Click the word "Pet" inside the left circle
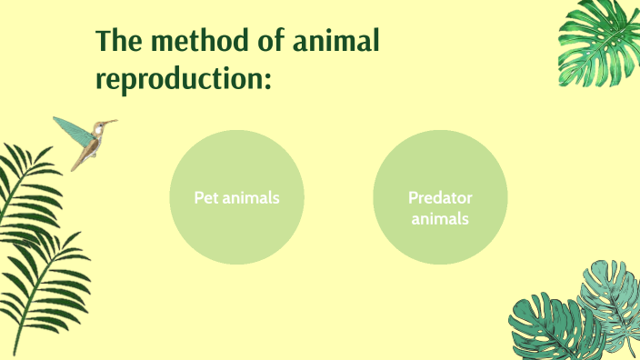(205, 197)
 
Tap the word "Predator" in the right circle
(440, 197)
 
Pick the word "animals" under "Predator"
(440, 218)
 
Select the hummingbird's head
(99, 127)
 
